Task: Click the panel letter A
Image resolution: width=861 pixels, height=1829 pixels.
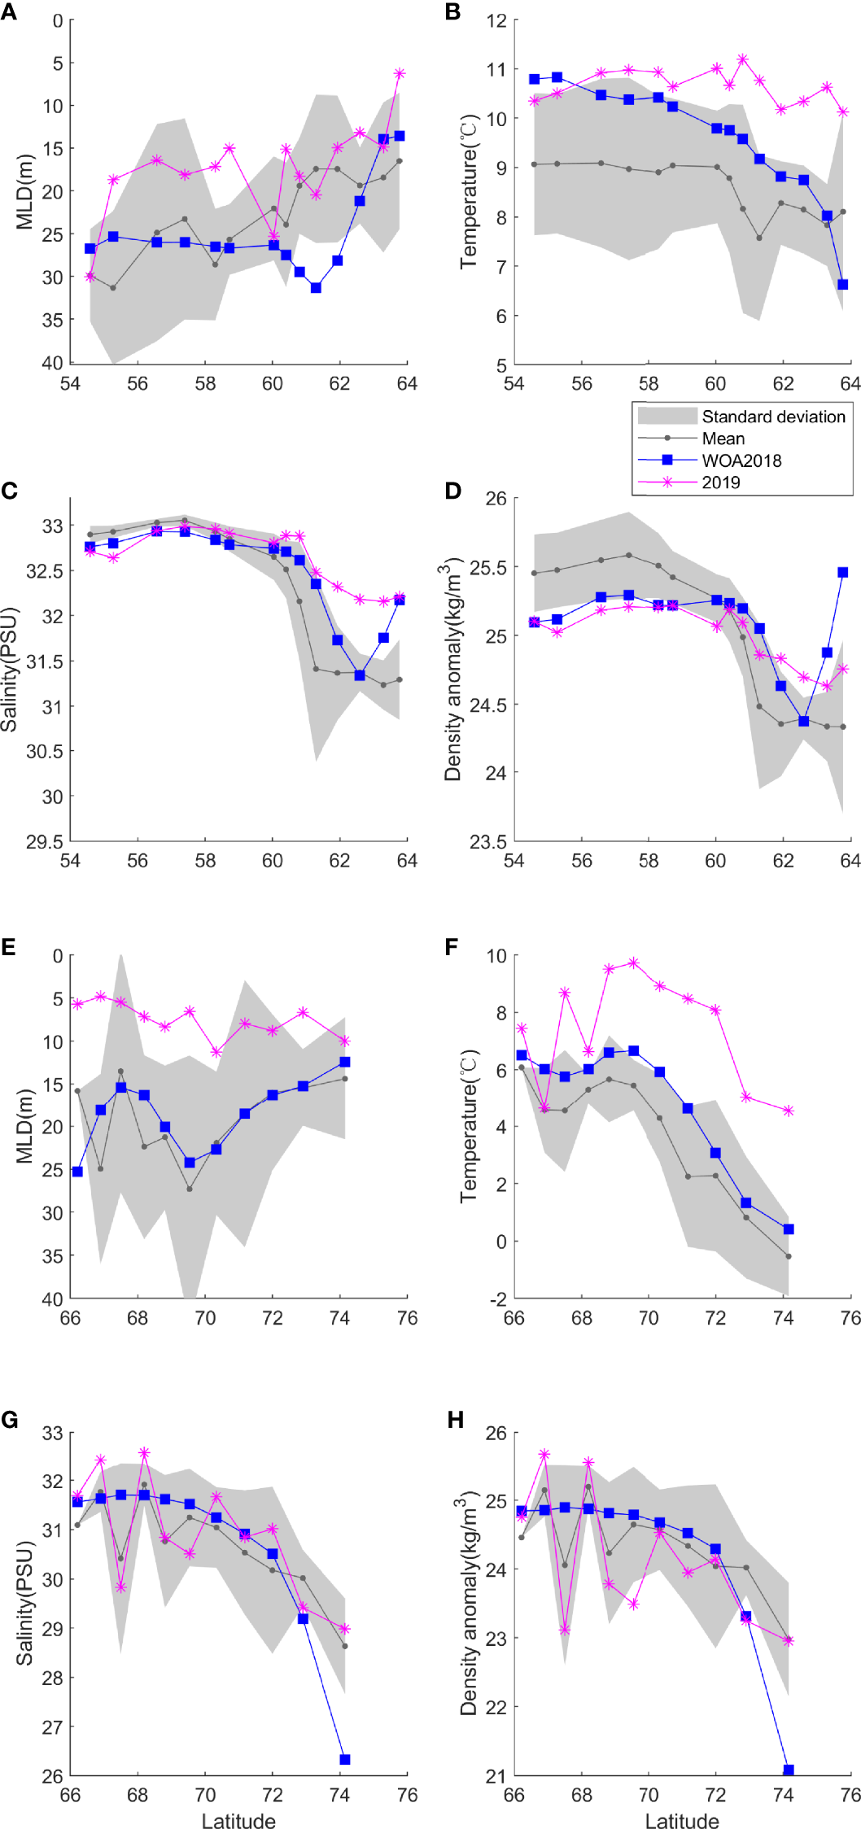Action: pos(10,13)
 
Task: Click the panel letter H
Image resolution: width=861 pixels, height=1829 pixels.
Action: pos(456,1421)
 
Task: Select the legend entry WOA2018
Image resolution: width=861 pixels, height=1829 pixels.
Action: pos(741,461)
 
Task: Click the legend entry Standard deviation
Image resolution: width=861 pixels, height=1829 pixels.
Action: pos(773,417)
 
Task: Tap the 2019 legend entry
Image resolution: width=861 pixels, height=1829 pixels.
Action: pos(721,482)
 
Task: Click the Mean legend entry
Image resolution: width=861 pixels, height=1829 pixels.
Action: pos(723,439)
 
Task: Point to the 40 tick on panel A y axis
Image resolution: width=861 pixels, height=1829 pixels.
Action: pos(52,363)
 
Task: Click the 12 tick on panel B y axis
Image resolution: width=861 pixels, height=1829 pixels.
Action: pos(496,20)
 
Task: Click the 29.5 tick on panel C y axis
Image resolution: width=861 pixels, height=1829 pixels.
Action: pos(44,842)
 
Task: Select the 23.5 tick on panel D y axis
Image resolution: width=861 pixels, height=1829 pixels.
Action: pos(487,842)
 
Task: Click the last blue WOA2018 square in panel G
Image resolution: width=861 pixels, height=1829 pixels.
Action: pos(344,1760)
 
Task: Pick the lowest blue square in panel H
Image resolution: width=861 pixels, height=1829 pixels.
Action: pos(788,1770)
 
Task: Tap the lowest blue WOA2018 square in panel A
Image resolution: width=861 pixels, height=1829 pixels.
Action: pos(316,287)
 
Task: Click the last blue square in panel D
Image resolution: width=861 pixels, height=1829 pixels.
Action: pos(842,572)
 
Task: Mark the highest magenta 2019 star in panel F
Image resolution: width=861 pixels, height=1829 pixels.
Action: pos(633,963)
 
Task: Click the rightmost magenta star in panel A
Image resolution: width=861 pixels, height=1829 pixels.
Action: pos(400,73)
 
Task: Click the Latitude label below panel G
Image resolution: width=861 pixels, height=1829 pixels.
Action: pos(238,1821)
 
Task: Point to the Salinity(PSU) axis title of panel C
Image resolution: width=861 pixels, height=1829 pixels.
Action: pos(10,669)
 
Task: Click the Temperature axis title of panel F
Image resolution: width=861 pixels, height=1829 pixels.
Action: pos(470,1126)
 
